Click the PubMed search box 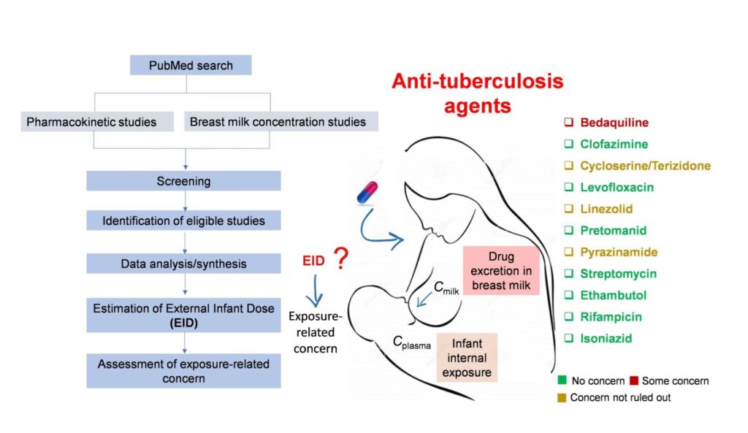click(x=191, y=66)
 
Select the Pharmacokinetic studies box click(x=91, y=122)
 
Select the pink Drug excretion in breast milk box click(x=500, y=270)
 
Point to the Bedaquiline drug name click(x=614, y=123)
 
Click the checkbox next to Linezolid click(x=566, y=209)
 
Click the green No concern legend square click(x=560, y=380)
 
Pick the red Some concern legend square click(x=634, y=380)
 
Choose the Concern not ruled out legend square click(x=560, y=398)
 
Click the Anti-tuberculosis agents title click(x=477, y=93)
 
